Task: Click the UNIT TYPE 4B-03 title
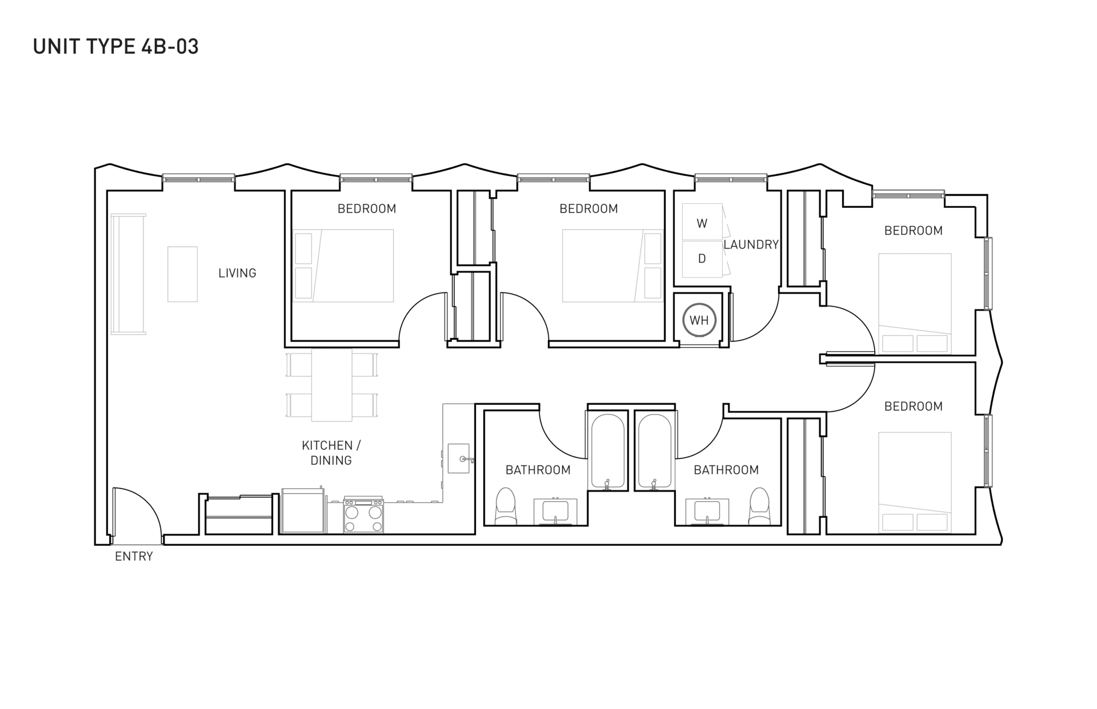(116, 46)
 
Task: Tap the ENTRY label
(134, 557)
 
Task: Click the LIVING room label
(237, 273)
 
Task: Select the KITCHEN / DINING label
(331, 453)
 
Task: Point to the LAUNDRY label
(751, 245)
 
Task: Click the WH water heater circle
(699, 320)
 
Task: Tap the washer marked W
(702, 223)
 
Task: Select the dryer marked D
(702, 259)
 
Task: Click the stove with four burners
(363, 515)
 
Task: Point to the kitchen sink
(459, 458)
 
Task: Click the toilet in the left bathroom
(506, 506)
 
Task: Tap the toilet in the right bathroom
(759, 506)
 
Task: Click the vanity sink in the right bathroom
(707, 511)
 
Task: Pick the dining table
(331, 385)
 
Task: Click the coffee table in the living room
(182, 274)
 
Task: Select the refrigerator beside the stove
(302, 510)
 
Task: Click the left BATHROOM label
(538, 470)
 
